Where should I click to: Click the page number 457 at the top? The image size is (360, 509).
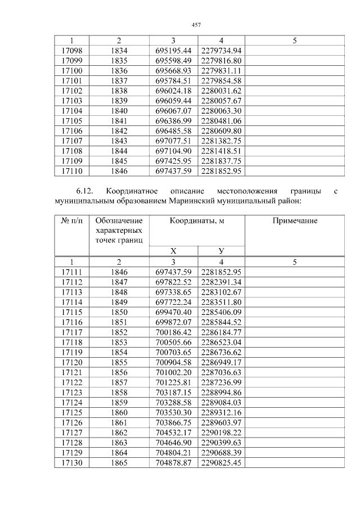click(x=196, y=25)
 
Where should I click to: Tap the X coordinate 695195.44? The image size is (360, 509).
click(x=173, y=51)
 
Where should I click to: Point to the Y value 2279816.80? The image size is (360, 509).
click(x=221, y=61)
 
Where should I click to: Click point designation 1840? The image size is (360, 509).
click(x=119, y=111)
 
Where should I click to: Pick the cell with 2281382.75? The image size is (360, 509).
click(x=221, y=141)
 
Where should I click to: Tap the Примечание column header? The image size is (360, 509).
click(x=295, y=221)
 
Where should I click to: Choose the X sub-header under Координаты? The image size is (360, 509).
click(x=173, y=251)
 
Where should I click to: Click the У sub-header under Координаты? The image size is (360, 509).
click(x=221, y=251)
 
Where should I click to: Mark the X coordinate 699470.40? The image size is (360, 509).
click(x=173, y=312)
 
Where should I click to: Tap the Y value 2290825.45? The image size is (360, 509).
click(x=221, y=463)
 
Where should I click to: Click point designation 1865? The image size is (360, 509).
click(x=119, y=463)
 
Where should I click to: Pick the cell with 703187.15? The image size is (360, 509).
click(x=173, y=393)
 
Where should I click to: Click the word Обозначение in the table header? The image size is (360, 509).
click(x=119, y=221)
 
